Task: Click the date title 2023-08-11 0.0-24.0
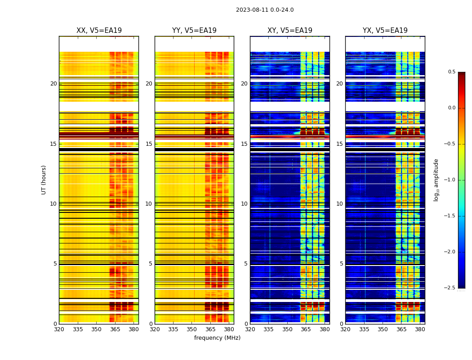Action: click(265, 10)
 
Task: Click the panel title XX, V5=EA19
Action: click(99, 31)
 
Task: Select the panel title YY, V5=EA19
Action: click(194, 31)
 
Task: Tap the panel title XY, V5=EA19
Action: click(290, 31)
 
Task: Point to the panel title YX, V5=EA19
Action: click(385, 31)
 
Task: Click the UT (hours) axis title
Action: click(44, 180)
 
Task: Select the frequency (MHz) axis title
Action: click(217, 338)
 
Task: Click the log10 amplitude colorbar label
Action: click(436, 180)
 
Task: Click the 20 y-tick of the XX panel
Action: click(53, 84)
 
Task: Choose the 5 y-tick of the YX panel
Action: click(341, 264)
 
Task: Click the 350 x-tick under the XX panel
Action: click(96, 329)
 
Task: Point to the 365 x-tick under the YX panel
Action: click(401, 329)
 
